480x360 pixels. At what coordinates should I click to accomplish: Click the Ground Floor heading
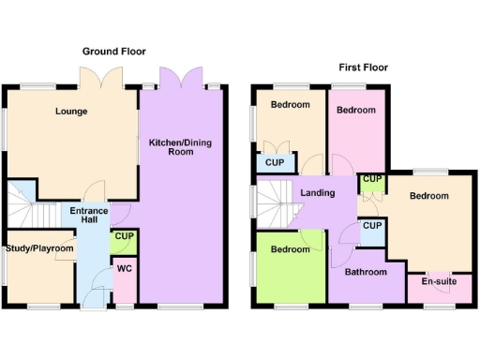114,51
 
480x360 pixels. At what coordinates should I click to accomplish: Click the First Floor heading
363,67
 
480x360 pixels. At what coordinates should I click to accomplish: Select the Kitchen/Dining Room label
180,146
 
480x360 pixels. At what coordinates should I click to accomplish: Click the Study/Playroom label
38,248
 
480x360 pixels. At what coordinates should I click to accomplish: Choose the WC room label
124,269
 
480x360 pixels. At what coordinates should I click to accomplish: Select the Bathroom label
364,272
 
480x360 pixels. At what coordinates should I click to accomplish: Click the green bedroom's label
291,249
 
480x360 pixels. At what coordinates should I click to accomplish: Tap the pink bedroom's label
356,111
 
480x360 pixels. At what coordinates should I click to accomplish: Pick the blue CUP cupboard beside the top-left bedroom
274,163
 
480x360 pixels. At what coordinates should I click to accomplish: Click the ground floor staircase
21,201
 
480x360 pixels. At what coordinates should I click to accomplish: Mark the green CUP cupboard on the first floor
371,180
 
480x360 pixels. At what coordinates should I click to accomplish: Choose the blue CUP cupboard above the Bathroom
371,227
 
